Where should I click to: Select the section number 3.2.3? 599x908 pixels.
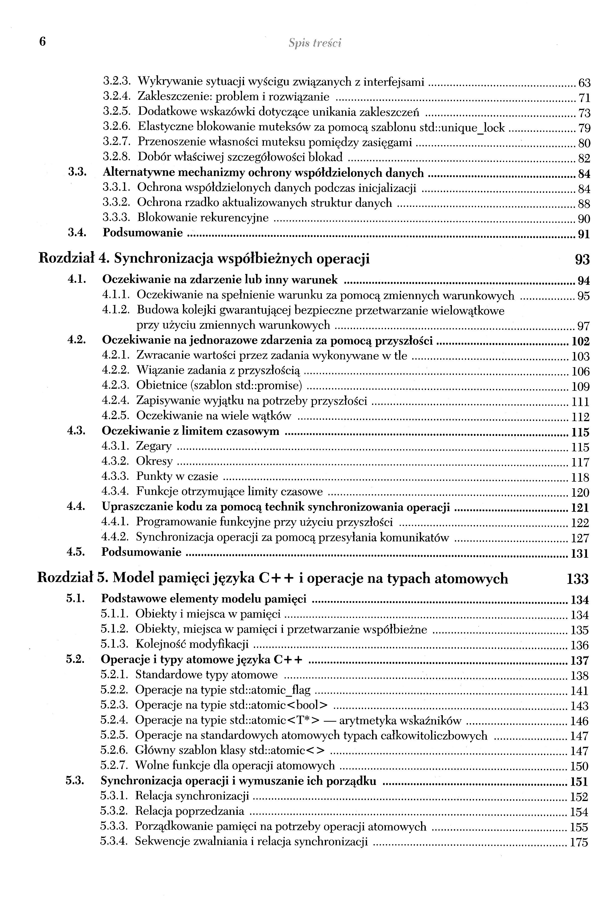click(x=117, y=81)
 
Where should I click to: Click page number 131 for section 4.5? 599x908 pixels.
click(x=580, y=554)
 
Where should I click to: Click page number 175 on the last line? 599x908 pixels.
click(x=579, y=843)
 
